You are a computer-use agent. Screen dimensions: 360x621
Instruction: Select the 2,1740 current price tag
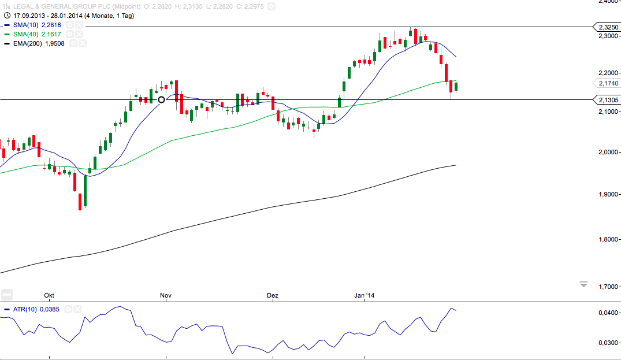click(608, 84)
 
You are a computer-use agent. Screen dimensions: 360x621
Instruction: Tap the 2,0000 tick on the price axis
click(608, 152)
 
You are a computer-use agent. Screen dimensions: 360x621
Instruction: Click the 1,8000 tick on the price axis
click(608, 239)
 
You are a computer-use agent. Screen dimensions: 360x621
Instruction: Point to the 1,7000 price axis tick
click(608, 287)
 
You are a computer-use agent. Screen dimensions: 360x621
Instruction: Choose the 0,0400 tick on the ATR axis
click(608, 313)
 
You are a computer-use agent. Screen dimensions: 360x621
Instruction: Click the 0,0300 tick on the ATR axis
click(608, 343)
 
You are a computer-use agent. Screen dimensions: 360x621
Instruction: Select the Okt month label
click(48, 296)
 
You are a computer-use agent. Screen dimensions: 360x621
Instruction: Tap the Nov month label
click(166, 296)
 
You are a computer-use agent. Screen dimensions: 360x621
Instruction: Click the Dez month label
click(273, 296)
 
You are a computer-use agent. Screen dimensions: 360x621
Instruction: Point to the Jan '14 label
click(365, 296)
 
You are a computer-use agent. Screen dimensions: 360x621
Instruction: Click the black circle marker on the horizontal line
click(162, 100)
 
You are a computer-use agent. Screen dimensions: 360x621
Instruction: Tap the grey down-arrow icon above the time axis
click(583, 284)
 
